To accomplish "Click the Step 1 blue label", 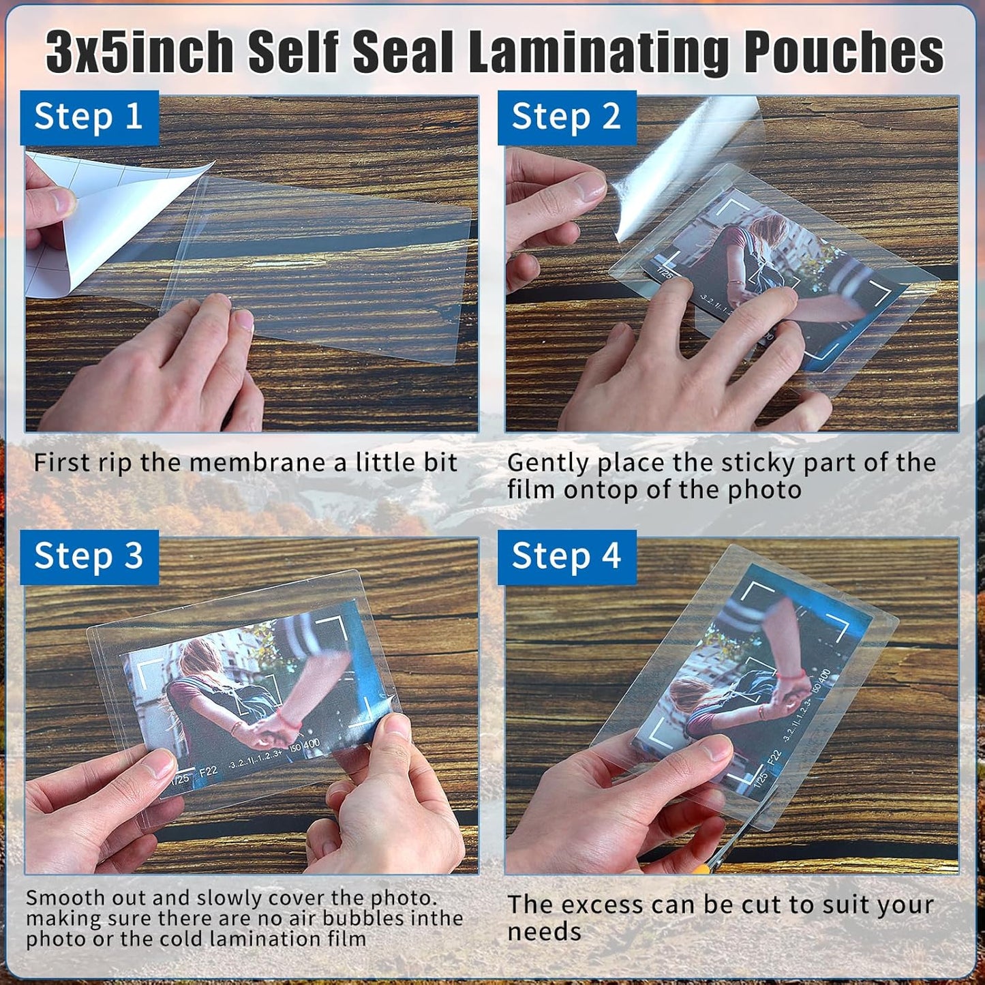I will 89,117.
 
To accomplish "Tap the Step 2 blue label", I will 566,117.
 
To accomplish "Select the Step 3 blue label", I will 89,556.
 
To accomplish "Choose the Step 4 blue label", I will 566,556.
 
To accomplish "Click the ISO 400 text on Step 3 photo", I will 304,747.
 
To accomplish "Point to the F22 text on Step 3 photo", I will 208,771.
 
